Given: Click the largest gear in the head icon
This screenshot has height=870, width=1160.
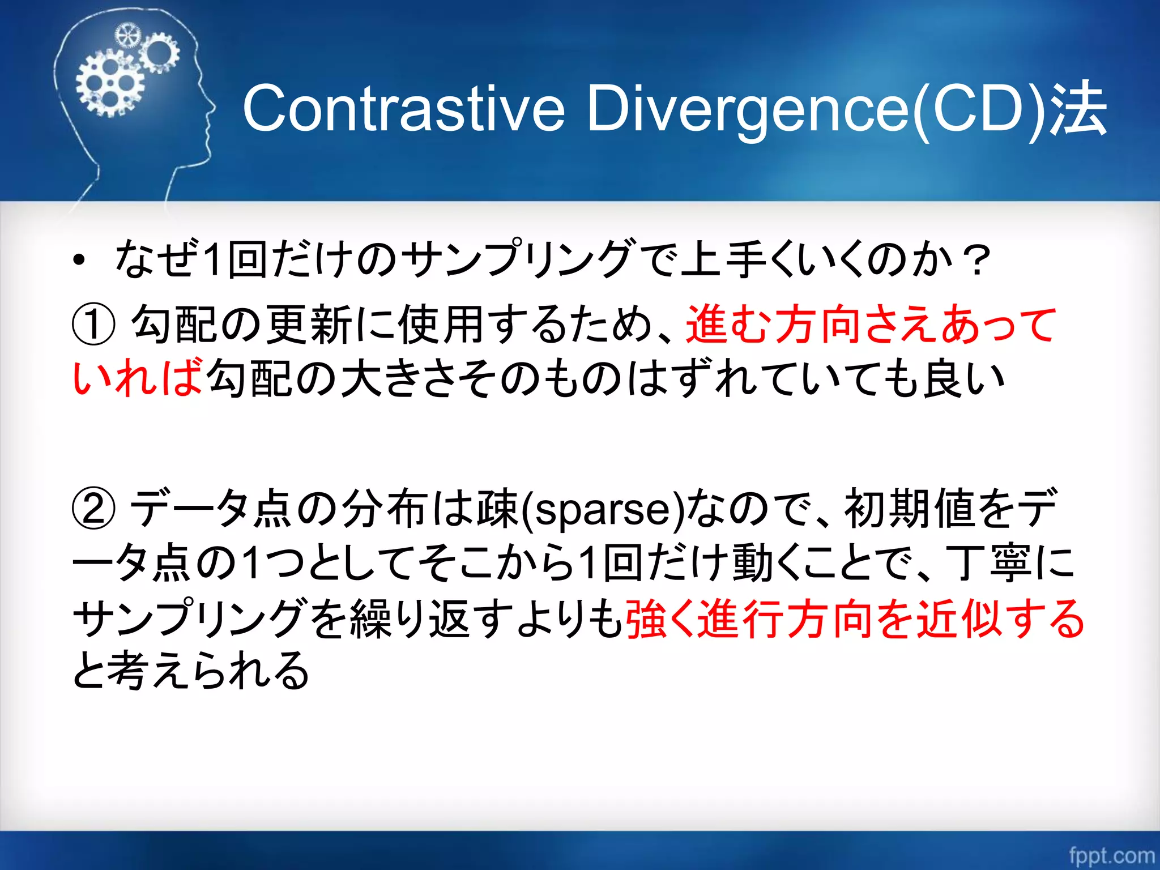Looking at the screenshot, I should (x=110, y=84).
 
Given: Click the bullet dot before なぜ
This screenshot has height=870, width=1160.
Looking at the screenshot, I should (x=79, y=261).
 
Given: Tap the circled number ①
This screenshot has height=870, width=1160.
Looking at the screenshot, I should (x=93, y=325).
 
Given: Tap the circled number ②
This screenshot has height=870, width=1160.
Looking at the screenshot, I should (x=93, y=508).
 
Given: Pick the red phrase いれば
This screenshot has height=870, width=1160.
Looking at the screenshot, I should (x=137, y=378).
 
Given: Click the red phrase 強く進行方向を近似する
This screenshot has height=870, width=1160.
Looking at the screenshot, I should (x=854, y=619).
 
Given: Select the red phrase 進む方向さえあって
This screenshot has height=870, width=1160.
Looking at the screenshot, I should (x=870, y=325).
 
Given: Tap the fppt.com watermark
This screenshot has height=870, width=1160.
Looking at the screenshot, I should (x=1111, y=855).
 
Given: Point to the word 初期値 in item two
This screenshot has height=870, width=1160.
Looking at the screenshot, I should (x=909, y=508).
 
